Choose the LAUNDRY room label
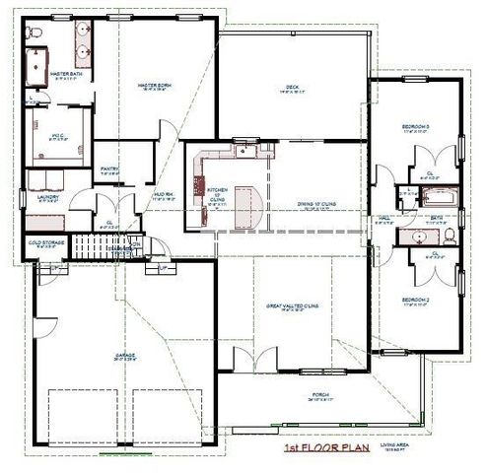[45, 196]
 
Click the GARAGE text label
[124, 355]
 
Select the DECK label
[292, 87]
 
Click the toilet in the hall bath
[449, 236]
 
